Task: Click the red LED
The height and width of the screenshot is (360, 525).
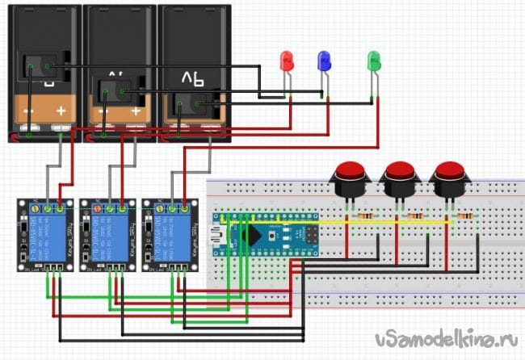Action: point(285,61)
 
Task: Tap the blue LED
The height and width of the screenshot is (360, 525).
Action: point(324,60)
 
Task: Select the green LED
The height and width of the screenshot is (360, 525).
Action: point(373,59)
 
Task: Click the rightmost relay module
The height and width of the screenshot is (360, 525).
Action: point(170,232)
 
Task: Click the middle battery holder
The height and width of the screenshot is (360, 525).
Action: point(119,73)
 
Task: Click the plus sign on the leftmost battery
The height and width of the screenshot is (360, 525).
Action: point(61,111)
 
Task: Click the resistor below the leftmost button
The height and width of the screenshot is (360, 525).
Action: point(365,217)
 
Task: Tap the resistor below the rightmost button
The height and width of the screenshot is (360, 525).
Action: point(466,217)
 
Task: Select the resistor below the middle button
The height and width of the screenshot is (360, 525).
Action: point(415,217)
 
